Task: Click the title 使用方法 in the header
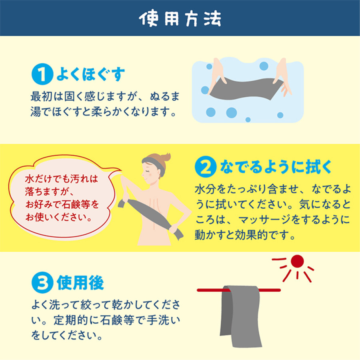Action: tap(180, 18)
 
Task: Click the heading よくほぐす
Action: tap(91, 74)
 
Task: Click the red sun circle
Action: tap(297, 262)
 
